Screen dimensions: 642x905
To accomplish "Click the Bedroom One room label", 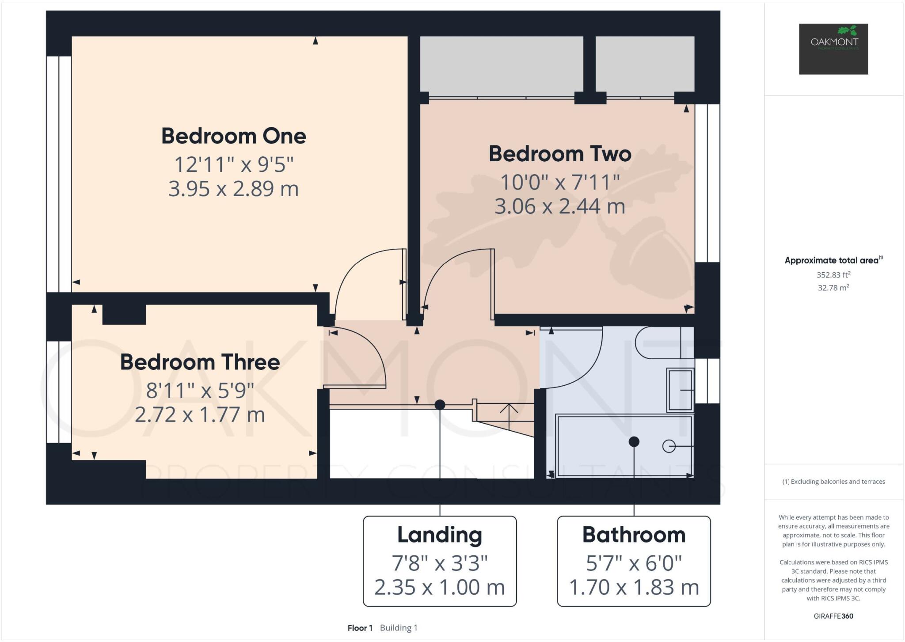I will tap(233, 136).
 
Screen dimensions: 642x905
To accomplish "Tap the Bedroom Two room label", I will tap(559, 154).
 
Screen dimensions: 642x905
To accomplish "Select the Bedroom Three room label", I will tap(200, 362).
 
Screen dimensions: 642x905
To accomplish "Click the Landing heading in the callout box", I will tap(439, 535).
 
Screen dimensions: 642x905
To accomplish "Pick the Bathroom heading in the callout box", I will tap(634, 535).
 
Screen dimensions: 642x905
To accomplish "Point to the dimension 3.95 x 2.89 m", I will tap(233, 189).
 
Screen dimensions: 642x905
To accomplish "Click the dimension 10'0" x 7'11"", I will tap(559, 182).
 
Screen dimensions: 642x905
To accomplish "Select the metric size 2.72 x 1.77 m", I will tap(200, 415).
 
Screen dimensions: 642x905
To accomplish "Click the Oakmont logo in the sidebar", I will tap(833, 49).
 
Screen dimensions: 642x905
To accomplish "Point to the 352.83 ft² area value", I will tap(833, 275).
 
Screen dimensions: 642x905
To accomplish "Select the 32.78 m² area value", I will tap(833, 288).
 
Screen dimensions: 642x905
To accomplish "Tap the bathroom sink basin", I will tap(680, 390).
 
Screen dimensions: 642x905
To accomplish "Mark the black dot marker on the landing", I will tap(440, 405).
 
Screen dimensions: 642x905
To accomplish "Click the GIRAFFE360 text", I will tap(833, 616).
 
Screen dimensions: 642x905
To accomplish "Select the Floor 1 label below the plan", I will tap(360, 628).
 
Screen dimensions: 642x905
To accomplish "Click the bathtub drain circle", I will tap(669, 446).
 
